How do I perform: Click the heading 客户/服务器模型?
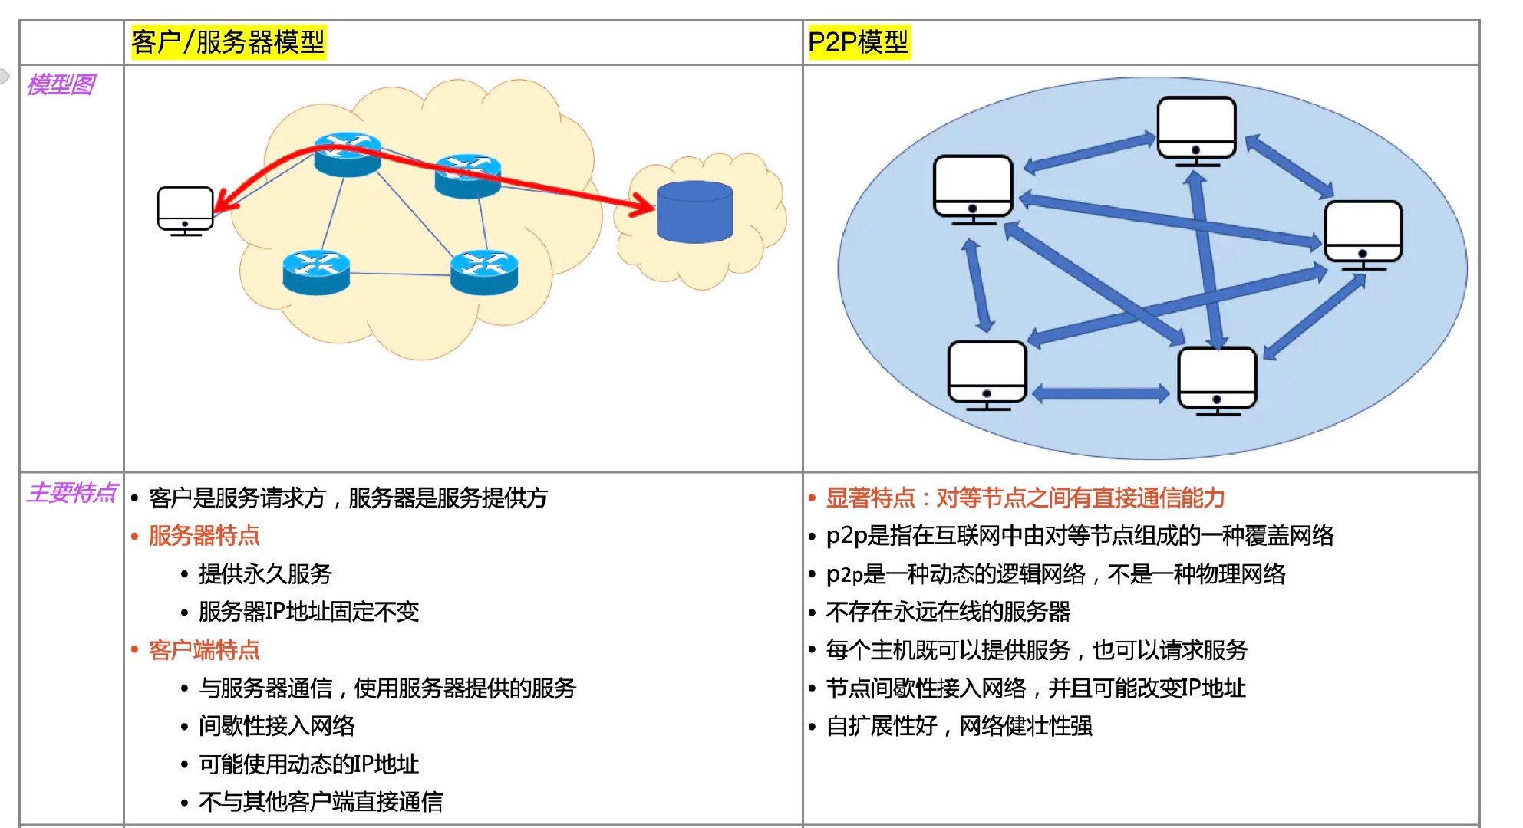pyautogui.click(x=228, y=41)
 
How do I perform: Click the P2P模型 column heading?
pyautogui.click(x=858, y=41)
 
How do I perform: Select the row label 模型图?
pyautogui.click(x=61, y=84)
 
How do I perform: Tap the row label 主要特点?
pyautogui.click(x=71, y=492)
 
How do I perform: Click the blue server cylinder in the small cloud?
pyautogui.click(x=694, y=212)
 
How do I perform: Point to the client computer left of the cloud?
pyautogui.click(x=185, y=210)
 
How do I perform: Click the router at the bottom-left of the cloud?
pyautogui.click(x=316, y=272)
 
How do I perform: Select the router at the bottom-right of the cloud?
pyautogui.click(x=484, y=272)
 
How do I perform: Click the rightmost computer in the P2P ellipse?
pyautogui.click(x=1363, y=234)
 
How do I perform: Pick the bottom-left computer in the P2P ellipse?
pyautogui.click(x=987, y=374)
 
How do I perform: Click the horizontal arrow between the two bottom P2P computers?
pyautogui.click(x=1101, y=394)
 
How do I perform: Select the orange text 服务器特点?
pyautogui.click(x=204, y=535)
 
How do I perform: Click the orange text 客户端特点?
pyautogui.click(x=204, y=650)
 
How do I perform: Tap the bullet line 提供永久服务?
pyautogui.click(x=265, y=573)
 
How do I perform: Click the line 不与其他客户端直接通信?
pyautogui.click(x=320, y=802)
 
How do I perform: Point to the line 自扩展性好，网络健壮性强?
pyautogui.click(x=958, y=725)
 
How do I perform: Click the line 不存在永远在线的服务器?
pyautogui.click(x=948, y=612)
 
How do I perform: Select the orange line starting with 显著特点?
pyautogui.click(x=1024, y=498)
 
